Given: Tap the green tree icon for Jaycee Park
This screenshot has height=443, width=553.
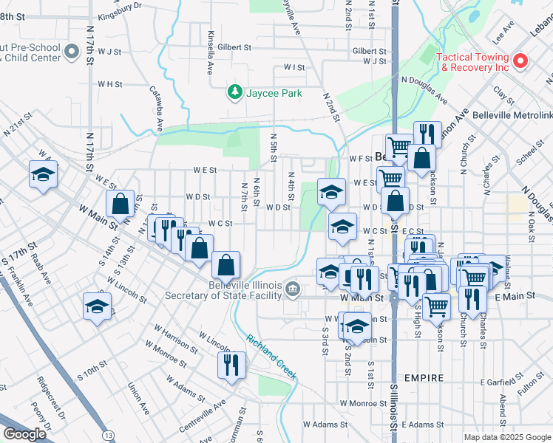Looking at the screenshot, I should (235, 92).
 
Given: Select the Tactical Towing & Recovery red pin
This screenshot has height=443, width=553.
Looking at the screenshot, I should (520, 60).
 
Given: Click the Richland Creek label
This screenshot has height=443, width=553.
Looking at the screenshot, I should (272, 357).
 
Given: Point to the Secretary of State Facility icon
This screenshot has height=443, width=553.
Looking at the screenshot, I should (294, 288).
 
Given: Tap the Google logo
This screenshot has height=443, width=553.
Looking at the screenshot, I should (24, 434).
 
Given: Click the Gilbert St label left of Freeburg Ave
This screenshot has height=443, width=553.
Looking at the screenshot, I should (234, 47).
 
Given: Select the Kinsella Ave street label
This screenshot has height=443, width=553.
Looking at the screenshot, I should (210, 56).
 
